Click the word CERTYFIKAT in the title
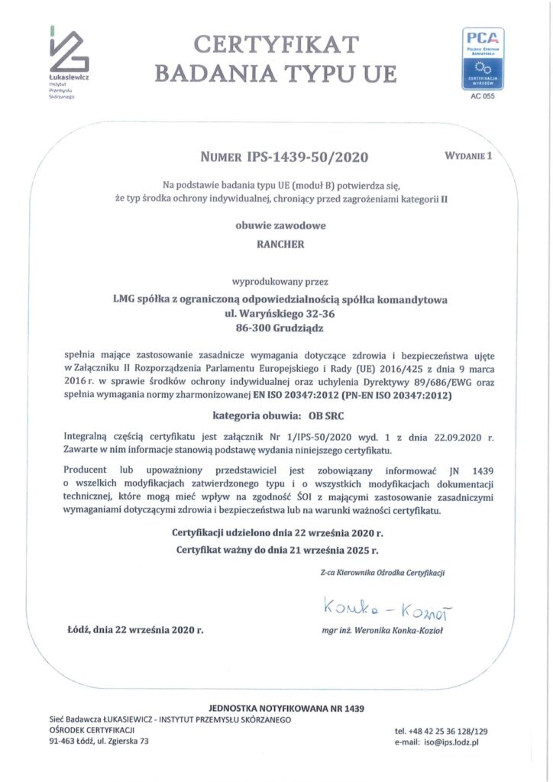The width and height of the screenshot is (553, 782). click(276, 44)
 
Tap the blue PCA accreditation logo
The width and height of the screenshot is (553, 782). click(483, 58)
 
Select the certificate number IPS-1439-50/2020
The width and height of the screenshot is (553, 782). click(306, 157)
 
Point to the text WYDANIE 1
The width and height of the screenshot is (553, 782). click(469, 156)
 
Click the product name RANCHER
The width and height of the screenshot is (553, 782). click(280, 244)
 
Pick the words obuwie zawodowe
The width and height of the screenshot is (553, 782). click(280, 225)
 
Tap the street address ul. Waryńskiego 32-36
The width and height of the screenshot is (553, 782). click(280, 313)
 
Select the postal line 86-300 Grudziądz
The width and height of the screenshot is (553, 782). click(280, 328)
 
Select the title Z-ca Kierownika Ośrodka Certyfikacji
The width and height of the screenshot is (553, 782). click(383, 572)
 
